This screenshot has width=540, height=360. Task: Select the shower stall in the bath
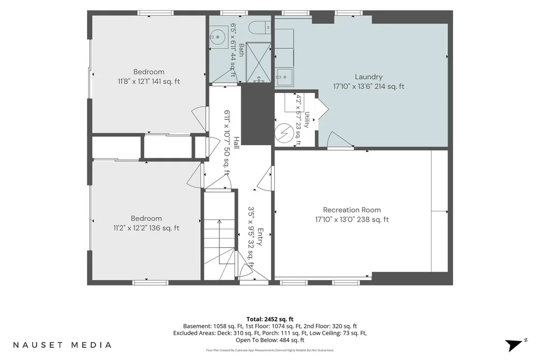tap(259, 62)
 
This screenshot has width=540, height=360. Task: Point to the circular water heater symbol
tap(284, 133)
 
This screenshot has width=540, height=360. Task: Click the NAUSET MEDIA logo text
tap(62, 345)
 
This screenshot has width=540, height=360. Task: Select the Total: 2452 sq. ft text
tap(270, 320)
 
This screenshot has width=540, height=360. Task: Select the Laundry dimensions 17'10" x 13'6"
tap(353, 87)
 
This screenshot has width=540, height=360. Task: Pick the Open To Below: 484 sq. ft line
tap(270, 341)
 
